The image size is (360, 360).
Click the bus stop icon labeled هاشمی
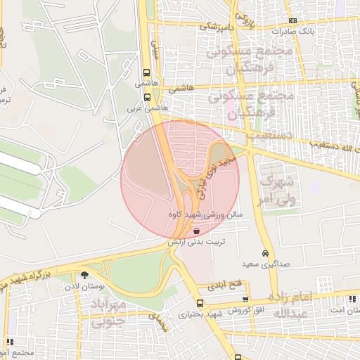(146, 72)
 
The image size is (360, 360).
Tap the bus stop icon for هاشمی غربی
(146, 99)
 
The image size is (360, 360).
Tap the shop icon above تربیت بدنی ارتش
(196, 230)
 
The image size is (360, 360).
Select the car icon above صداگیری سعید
(265, 253)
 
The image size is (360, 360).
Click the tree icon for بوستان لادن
(85, 275)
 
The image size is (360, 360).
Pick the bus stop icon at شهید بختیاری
(201, 303)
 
